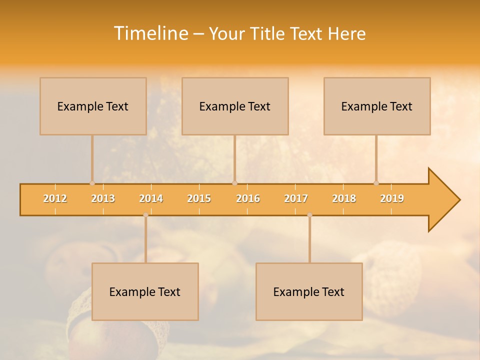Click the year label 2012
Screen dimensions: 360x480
[x=55, y=198]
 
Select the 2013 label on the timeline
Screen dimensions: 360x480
[x=103, y=198]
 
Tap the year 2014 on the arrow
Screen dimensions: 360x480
[x=151, y=198]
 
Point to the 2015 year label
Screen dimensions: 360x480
[x=199, y=198]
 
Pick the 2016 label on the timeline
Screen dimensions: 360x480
[x=248, y=198]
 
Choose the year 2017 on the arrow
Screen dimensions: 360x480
[x=296, y=198]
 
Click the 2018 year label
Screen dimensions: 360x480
[x=344, y=198]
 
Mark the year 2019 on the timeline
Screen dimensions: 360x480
[x=392, y=198]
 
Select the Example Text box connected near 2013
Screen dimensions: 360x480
[x=93, y=106]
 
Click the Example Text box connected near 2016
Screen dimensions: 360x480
[x=235, y=106]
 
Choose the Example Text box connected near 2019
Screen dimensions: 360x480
[x=377, y=106]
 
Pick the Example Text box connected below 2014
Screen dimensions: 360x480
[x=145, y=291]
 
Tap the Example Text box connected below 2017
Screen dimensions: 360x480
[x=309, y=291]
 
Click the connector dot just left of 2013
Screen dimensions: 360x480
[x=92, y=183]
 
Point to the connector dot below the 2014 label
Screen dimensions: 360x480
[x=145, y=215]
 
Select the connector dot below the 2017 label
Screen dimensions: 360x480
[x=309, y=215]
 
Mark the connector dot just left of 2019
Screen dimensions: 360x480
[x=376, y=183]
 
